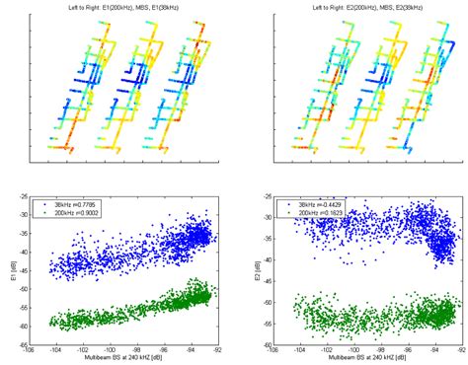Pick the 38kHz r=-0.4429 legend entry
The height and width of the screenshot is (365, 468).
316,201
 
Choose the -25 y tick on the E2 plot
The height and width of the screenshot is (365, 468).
261,195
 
